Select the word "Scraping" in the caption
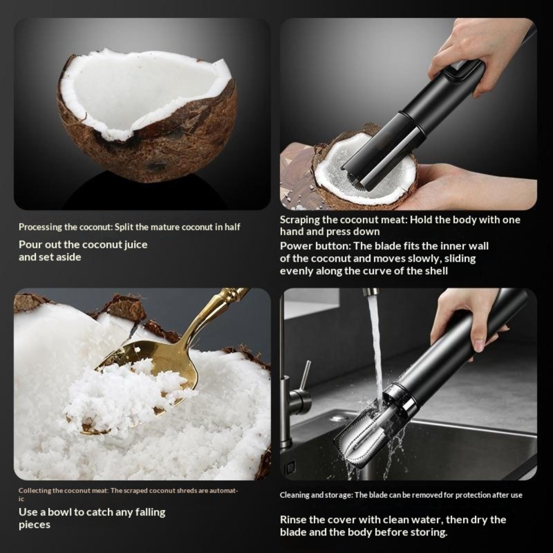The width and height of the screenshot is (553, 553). click(300, 220)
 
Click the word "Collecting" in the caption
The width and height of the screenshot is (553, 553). click(35, 490)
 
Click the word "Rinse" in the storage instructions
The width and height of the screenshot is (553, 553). click(292, 520)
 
